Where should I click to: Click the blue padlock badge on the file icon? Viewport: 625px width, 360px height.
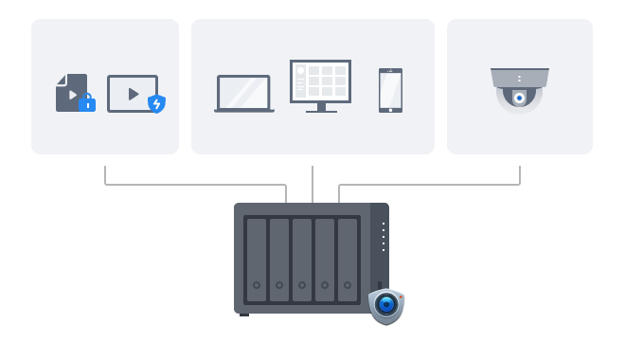tap(87, 103)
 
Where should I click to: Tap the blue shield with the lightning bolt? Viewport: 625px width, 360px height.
tap(156, 104)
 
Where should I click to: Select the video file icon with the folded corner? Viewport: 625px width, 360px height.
tap(70, 92)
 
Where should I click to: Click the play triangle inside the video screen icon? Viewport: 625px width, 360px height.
tap(132, 94)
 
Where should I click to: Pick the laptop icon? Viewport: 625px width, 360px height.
tap(244, 94)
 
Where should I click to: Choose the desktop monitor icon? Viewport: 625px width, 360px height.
tap(320, 83)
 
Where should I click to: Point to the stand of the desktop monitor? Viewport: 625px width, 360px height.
tap(320, 107)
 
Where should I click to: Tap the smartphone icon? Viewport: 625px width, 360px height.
tap(390, 90)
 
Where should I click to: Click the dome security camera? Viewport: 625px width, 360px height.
tap(519, 89)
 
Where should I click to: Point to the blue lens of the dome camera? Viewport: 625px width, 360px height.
tap(519, 98)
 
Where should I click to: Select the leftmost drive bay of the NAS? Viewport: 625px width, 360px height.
tap(256, 259)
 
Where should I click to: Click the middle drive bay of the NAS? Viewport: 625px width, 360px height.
tap(302, 259)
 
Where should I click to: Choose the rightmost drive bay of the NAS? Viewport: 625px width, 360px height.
tap(348, 259)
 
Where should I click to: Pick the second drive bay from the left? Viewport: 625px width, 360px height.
tap(279, 259)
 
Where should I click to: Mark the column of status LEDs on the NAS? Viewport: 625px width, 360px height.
tap(383, 236)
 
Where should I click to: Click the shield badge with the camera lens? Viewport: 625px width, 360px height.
tap(385, 305)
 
